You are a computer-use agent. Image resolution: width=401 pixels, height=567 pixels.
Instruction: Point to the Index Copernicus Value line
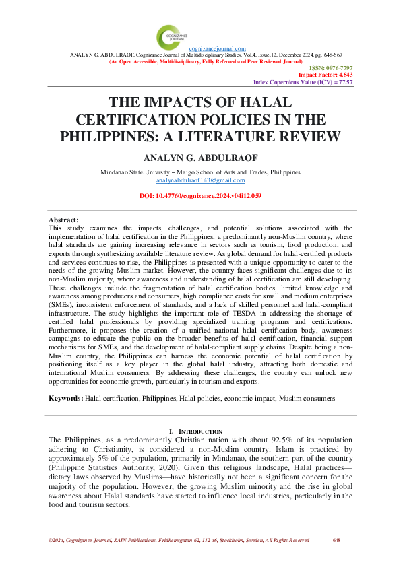click(x=303, y=81)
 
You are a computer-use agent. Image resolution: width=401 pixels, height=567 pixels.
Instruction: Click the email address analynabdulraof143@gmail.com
click(x=200, y=181)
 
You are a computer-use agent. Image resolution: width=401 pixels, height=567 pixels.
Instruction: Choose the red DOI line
click(x=200, y=195)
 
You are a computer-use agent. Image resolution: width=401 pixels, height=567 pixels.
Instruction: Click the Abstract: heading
click(x=64, y=220)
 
